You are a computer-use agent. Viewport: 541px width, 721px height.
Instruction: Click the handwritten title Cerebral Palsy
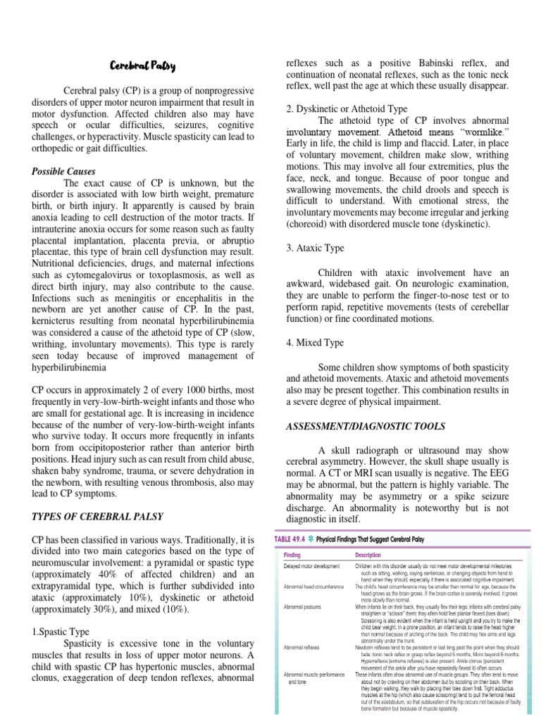pos(143,67)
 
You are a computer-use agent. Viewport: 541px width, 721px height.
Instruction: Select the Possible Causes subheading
pos(64,171)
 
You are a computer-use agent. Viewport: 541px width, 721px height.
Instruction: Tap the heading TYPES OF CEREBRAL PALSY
pos(98,516)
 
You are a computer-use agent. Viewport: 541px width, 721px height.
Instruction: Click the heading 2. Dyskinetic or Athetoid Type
pos(347,108)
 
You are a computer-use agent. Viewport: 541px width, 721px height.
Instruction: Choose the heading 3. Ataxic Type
pos(315,248)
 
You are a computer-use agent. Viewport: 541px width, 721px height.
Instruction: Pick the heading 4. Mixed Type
pos(315,342)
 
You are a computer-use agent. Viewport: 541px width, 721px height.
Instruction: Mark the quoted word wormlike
pos(484,133)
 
